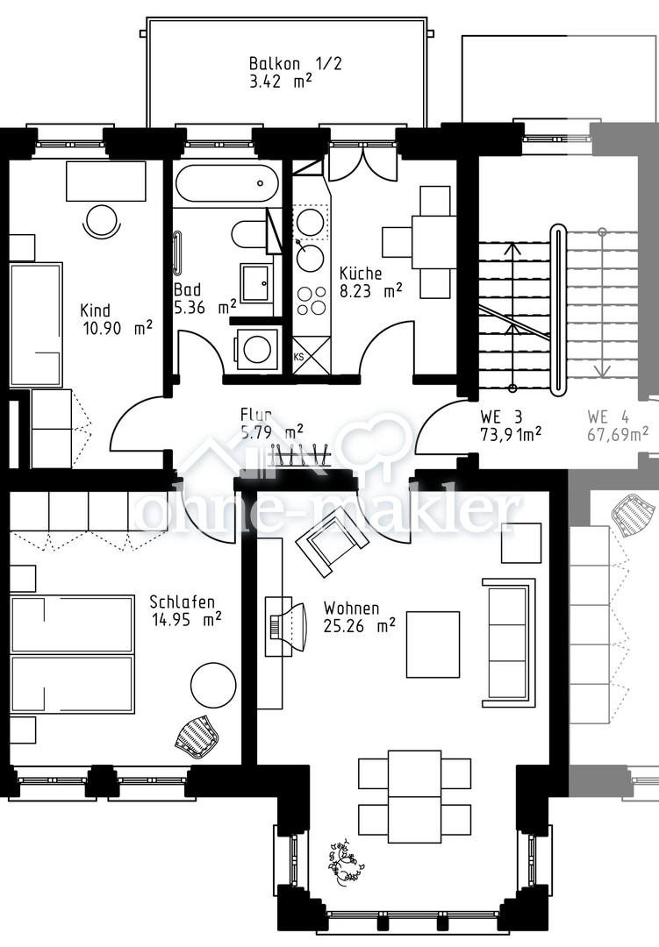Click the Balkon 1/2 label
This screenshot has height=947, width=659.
295,63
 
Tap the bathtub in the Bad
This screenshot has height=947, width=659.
227,182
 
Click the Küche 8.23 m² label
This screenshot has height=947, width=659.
370,282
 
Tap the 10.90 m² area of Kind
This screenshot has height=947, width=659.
118,328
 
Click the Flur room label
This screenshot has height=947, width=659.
255,414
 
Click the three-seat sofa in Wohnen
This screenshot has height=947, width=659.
508,643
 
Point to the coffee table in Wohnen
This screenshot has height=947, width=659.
433,644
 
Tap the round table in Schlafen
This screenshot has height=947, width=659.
213,686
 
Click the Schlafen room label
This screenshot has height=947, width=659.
182,602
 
